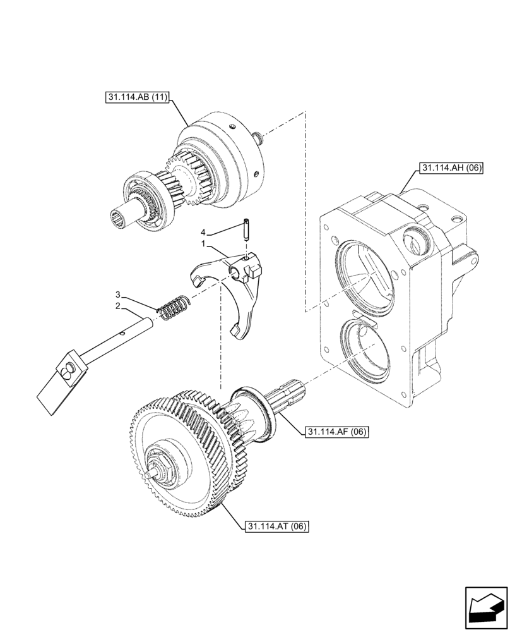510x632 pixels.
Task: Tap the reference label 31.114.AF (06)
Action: click(x=336, y=432)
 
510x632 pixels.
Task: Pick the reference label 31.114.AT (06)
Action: click(x=275, y=526)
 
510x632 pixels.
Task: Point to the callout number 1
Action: click(x=203, y=243)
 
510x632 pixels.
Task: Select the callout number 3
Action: click(x=117, y=295)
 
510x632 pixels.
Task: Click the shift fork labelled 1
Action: click(x=244, y=291)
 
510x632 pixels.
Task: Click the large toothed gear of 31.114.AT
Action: click(x=180, y=455)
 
